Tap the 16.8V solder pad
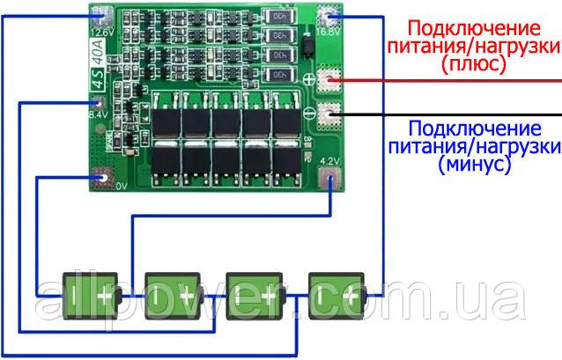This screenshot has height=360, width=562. [332, 17]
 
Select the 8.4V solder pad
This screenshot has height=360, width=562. [99, 100]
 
